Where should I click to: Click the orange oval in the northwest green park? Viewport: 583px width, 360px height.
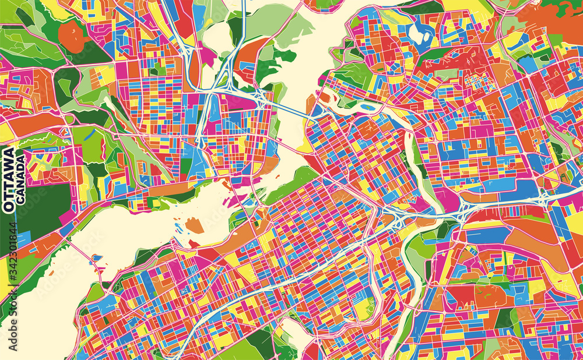(x=73, y=36)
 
